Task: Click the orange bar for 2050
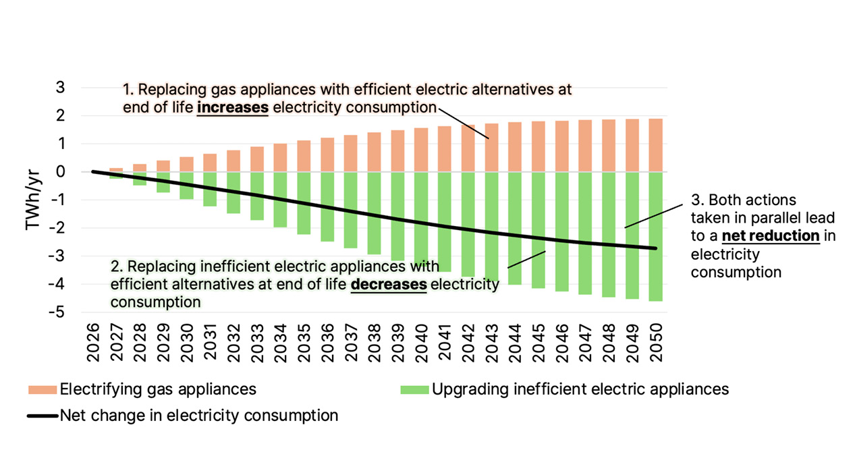[655, 145]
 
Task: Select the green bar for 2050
[655, 236]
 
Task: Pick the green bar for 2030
[187, 186]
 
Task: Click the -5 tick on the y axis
[60, 312]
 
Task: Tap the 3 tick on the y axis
[61, 88]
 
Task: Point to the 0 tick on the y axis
[61, 172]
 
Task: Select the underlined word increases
[233, 107]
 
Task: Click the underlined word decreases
[389, 284]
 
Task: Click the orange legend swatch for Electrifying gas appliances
[42, 389]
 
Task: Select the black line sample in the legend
[42, 416]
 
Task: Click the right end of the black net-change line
[655, 248]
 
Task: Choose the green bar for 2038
[375, 213]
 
